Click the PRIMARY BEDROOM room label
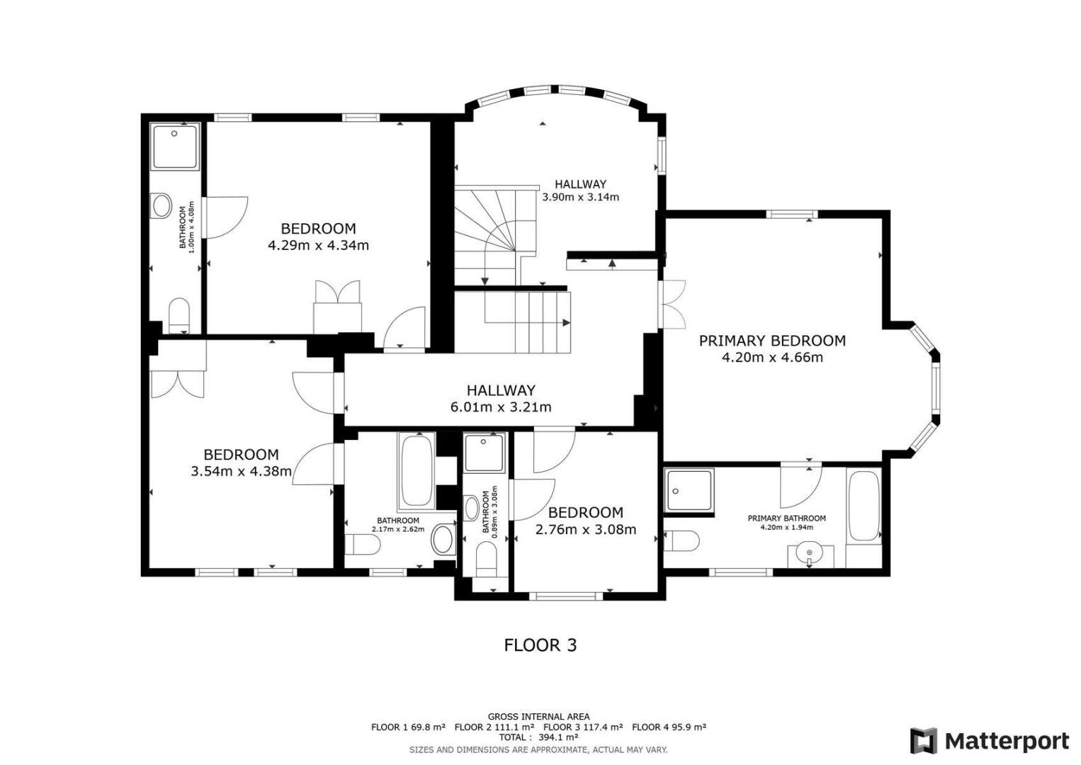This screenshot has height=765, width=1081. [x=772, y=341]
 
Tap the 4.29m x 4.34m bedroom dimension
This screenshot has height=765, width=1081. [x=319, y=245]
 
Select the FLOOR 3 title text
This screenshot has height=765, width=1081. [x=540, y=645]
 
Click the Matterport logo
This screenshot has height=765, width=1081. [x=990, y=741]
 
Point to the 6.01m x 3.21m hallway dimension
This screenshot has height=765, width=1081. [x=501, y=407]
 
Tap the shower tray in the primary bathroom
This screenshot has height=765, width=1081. [x=689, y=490]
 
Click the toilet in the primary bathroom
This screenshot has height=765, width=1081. [x=681, y=540]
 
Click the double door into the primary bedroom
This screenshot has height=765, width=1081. [x=672, y=305]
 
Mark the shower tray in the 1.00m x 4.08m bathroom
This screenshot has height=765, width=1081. [x=175, y=146]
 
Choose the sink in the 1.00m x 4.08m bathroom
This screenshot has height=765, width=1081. [x=162, y=206]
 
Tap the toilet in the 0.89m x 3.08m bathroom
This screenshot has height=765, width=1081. [x=486, y=559]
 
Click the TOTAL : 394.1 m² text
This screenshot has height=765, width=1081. [x=538, y=737]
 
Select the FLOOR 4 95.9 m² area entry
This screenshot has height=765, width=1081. [x=669, y=727]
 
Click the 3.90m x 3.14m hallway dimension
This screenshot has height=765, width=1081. [x=581, y=197]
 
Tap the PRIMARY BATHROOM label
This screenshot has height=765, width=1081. [x=786, y=518]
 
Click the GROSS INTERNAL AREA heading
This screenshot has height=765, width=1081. [x=538, y=717]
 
